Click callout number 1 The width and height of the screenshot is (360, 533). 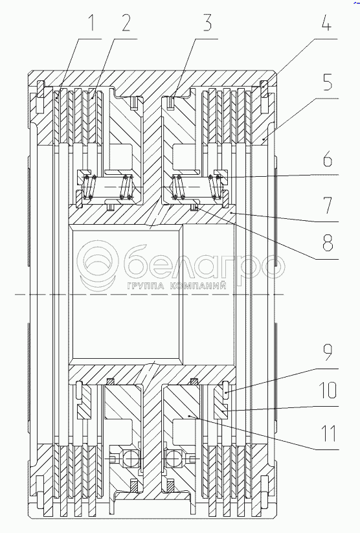tap(91, 23)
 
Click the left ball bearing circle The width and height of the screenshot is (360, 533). tap(130, 459)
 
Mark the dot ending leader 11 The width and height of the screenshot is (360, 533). tap(190, 416)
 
